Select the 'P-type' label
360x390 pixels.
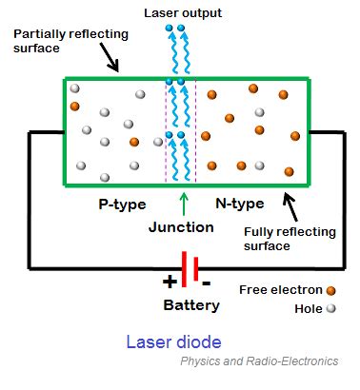[121, 204]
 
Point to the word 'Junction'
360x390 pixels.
[181, 228]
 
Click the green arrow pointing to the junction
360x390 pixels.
[182, 203]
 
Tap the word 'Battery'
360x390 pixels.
[191, 305]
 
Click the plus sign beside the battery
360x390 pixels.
[170, 282]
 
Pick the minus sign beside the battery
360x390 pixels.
[207, 283]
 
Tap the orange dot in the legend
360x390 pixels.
[330, 289]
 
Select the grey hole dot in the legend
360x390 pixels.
[330, 308]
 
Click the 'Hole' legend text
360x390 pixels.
[307, 308]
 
